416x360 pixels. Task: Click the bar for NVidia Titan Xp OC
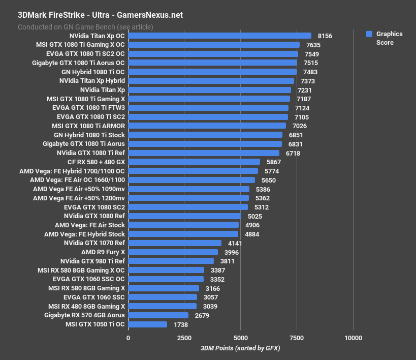(x=219, y=36)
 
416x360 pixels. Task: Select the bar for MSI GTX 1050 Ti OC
(x=147, y=324)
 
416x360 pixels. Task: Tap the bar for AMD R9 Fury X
(x=173, y=252)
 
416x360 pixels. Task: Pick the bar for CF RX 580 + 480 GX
(x=194, y=162)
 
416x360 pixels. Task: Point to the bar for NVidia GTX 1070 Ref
(x=175, y=243)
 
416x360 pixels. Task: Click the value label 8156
(x=325, y=36)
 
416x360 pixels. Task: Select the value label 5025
(x=254, y=216)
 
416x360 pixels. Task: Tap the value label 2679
(x=202, y=315)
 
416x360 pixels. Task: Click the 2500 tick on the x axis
(x=184, y=338)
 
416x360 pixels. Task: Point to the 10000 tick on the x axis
(x=353, y=338)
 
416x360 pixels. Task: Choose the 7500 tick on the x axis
(x=297, y=338)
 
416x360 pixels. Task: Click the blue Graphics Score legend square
(x=369, y=34)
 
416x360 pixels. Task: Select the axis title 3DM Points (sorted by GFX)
(x=240, y=348)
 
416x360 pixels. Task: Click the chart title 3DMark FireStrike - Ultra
(x=100, y=15)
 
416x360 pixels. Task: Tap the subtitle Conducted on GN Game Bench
(x=85, y=26)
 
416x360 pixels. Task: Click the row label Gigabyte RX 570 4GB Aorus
(x=84, y=315)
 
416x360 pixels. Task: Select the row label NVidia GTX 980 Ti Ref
(x=92, y=261)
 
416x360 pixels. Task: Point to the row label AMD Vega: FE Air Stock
(x=89, y=225)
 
